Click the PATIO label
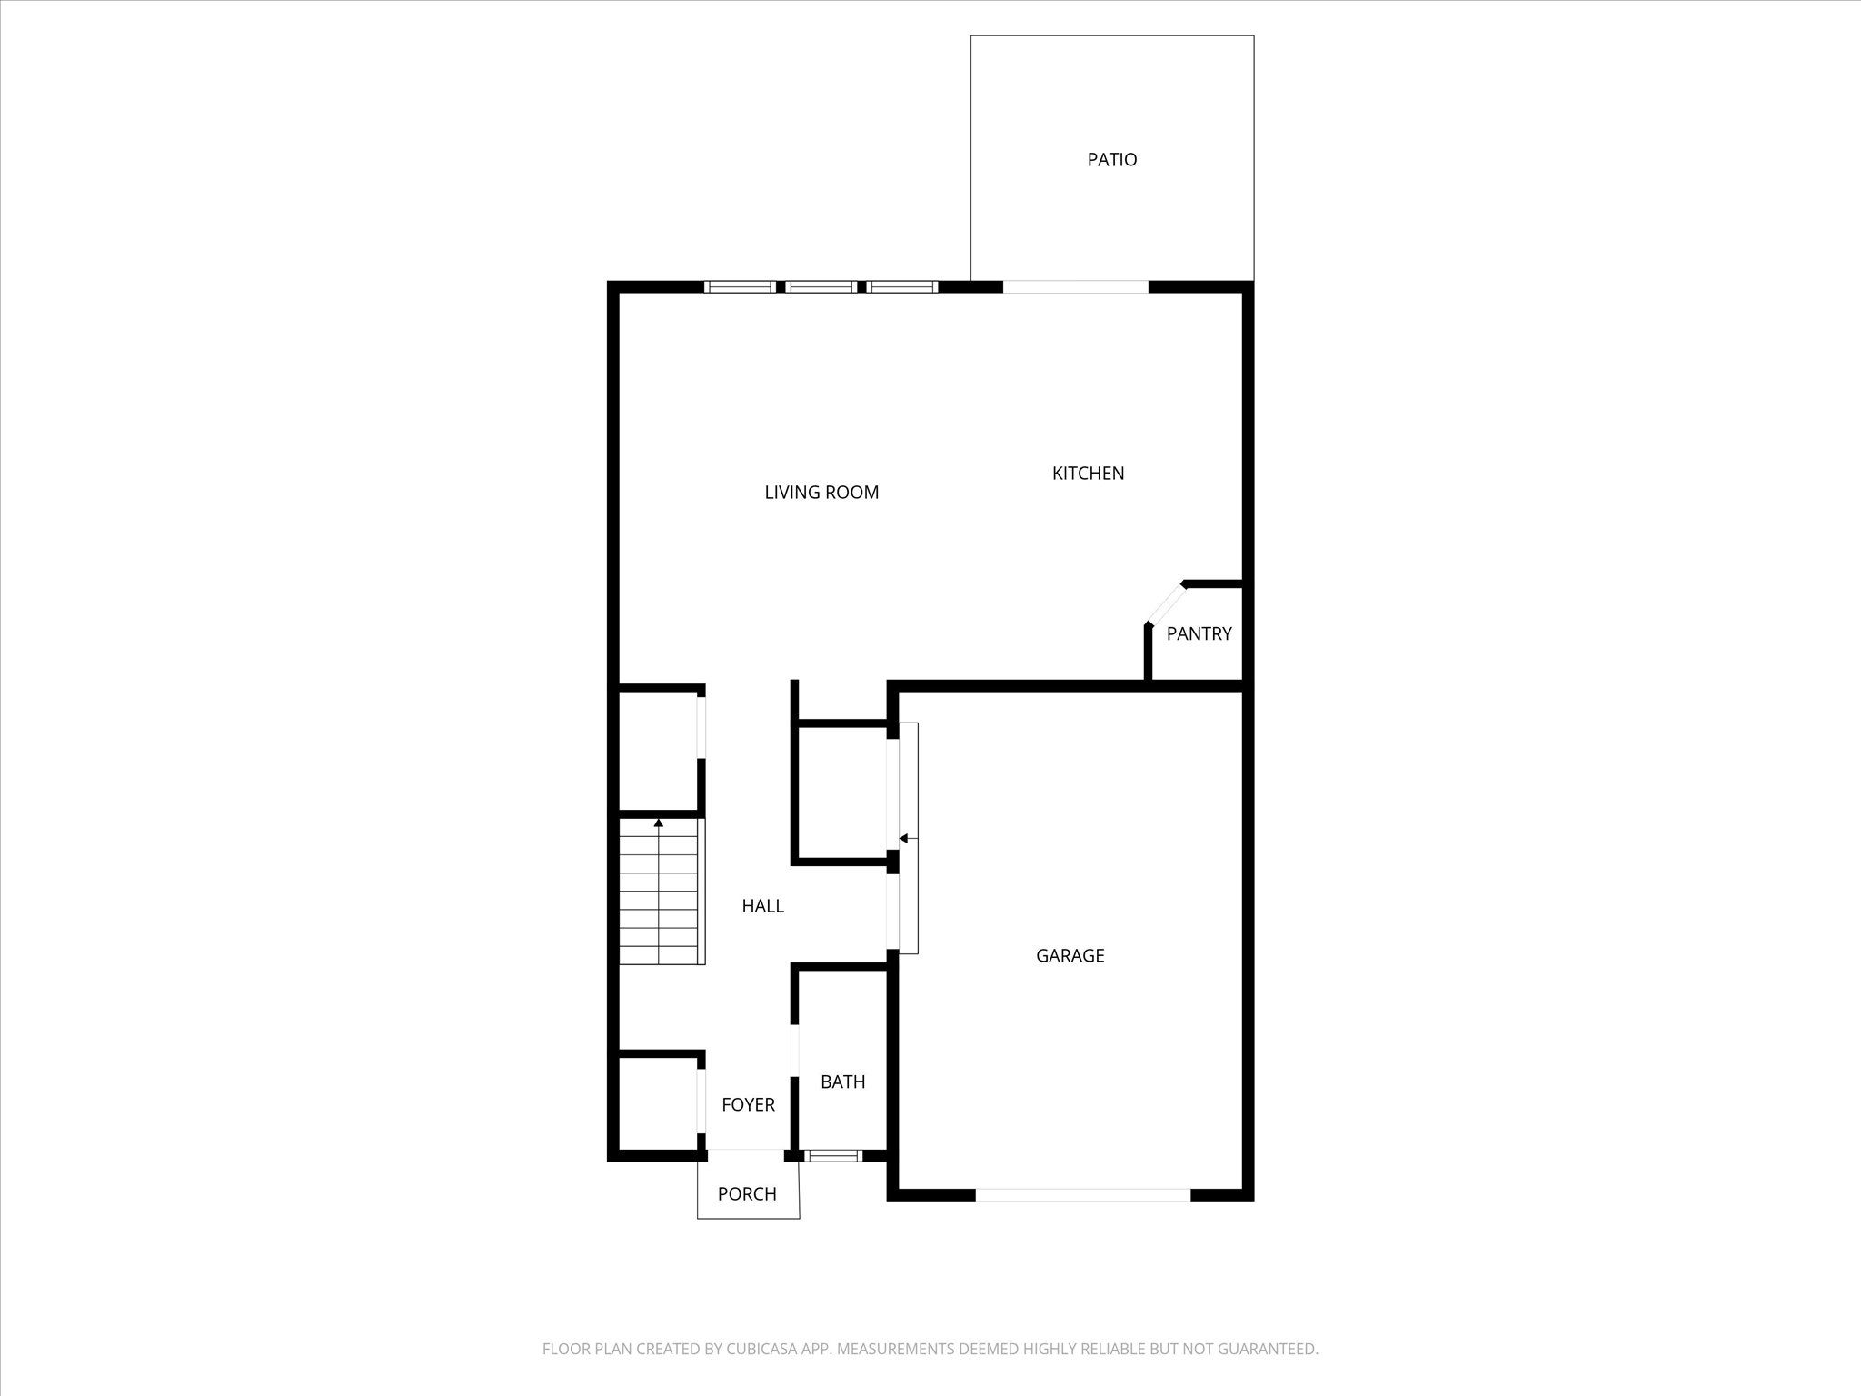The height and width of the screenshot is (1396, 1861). [x=1111, y=160]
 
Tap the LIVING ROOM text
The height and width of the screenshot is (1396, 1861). [x=821, y=493]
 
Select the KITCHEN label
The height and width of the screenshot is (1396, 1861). [x=1088, y=474]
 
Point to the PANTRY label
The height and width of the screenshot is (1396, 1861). [x=1199, y=634]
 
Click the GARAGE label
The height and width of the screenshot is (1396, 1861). [x=1070, y=956]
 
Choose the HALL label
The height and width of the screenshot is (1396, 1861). [x=762, y=906]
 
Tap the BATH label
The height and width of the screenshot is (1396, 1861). [x=842, y=1082]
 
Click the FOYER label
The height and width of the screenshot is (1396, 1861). [x=748, y=1105]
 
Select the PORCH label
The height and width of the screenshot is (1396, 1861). [x=747, y=1194]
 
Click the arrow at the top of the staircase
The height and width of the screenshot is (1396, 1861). [x=659, y=823]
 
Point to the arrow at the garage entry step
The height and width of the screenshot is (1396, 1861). [x=903, y=838]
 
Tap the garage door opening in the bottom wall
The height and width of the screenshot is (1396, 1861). [x=1082, y=1195]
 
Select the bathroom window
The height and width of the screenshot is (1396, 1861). [x=833, y=1156]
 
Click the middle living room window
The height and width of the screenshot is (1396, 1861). [x=821, y=287]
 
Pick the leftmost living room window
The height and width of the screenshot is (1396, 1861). [x=740, y=287]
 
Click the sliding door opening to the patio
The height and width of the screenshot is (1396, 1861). [x=1075, y=287]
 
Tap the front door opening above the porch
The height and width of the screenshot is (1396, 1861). [x=745, y=1155]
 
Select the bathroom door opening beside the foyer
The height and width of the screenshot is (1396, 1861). [x=794, y=1051]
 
